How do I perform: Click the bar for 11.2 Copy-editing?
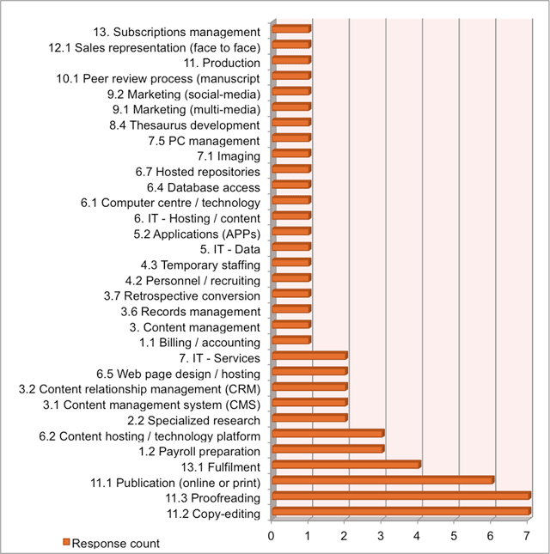[x=400, y=512]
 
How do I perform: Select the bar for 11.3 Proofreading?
[x=400, y=496]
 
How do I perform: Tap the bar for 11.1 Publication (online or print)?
[x=382, y=480]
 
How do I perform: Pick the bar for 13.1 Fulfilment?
[x=345, y=465]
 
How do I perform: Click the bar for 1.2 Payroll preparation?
[x=327, y=449]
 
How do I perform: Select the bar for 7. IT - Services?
[x=309, y=356]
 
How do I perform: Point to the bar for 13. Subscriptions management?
[x=290, y=29]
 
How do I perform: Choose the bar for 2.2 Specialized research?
[x=309, y=418]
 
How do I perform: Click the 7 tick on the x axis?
[x=527, y=537]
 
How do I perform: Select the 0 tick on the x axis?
[x=272, y=537]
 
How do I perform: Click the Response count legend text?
[x=115, y=543]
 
